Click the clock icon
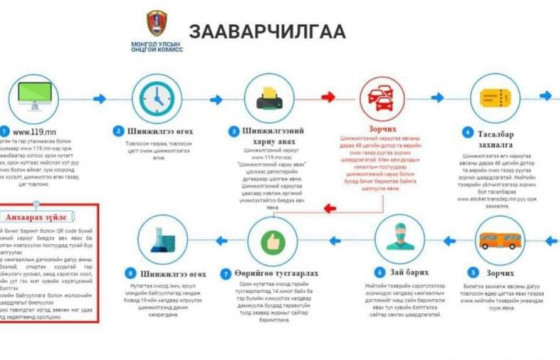pos(154,98)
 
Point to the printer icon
pos(270,98)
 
